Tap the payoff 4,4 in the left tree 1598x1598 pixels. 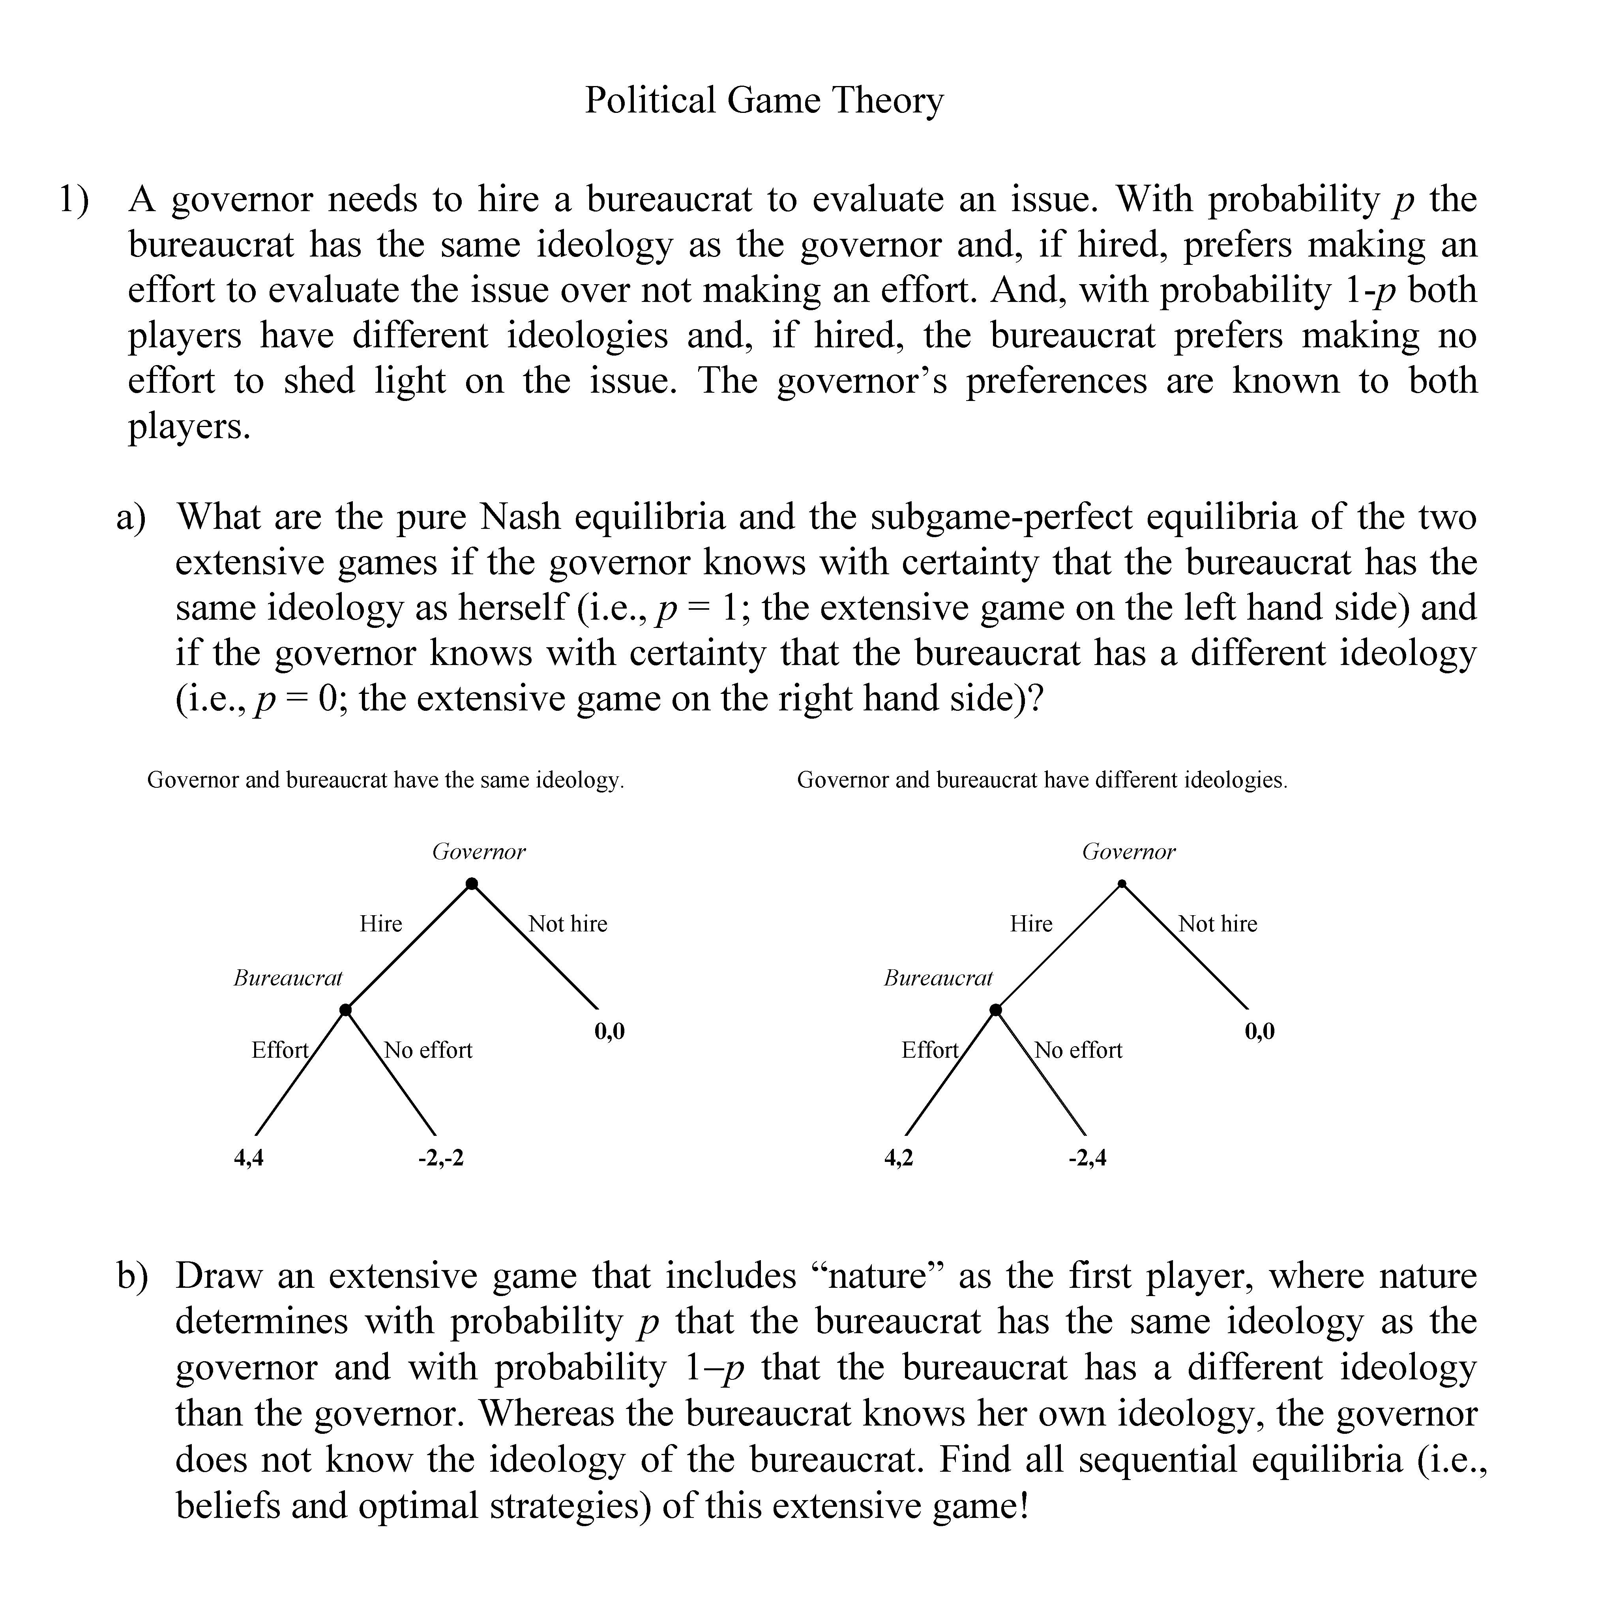click(x=249, y=1157)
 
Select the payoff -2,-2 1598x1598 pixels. click(x=441, y=1157)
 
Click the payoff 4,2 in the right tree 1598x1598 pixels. click(x=899, y=1157)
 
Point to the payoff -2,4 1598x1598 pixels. click(x=1087, y=1157)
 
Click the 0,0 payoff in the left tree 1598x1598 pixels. click(x=610, y=1030)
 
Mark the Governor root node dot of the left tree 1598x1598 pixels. click(x=472, y=884)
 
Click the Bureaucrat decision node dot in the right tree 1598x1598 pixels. click(x=996, y=1010)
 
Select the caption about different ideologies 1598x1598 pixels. click(x=1042, y=780)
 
